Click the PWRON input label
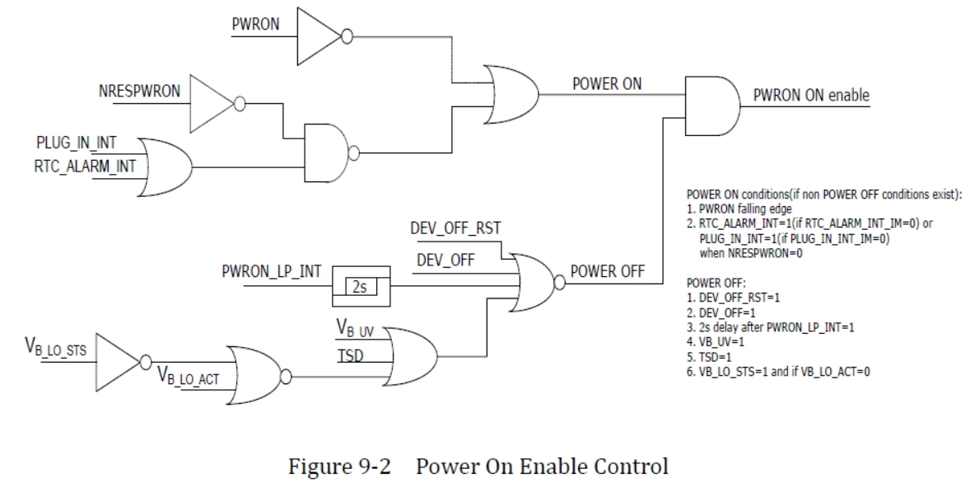[256, 26]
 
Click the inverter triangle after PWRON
[320, 35]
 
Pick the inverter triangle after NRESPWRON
[212, 103]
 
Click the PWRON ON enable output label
[811, 95]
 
